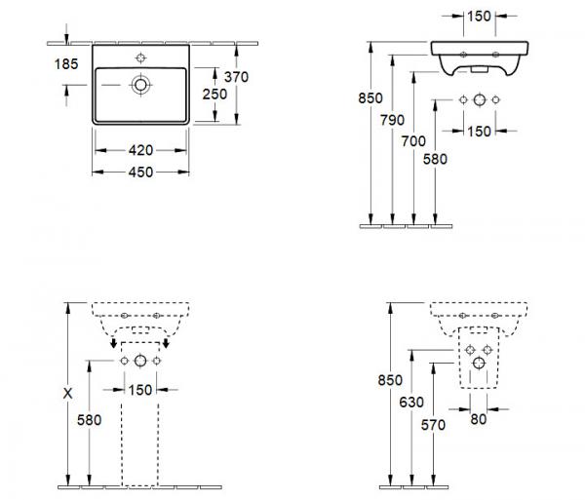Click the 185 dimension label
[66, 64]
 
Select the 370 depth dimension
[236, 77]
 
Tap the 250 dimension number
[214, 94]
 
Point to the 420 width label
[140, 150]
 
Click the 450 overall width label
[140, 172]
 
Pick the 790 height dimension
[392, 120]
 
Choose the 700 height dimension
[413, 141]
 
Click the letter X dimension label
[67, 394]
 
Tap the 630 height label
[411, 403]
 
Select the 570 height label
[433, 425]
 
